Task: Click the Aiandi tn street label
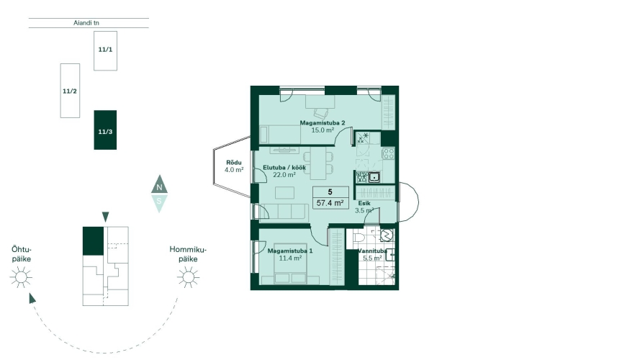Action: click(x=86, y=23)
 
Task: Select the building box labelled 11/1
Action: click(x=105, y=50)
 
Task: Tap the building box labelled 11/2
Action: click(x=70, y=91)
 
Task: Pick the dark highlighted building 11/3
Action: click(x=105, y=130)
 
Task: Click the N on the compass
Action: click(x=159, y=187)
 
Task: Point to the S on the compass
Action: click(x=159, y=201)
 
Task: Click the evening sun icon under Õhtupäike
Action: click(x=21, y=277)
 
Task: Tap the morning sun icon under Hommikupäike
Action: click(x=188, y=277)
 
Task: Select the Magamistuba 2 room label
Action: click(x=323, y=123)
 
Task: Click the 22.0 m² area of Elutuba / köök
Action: click(x=284, y=175)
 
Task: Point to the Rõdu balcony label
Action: click(x=234, y=163)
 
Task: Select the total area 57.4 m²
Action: click(x=330, y=203)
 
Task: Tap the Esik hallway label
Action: click(x=364, y=203)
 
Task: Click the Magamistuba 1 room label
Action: click(x=290, y=251)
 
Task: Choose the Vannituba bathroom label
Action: click(x=372, y=251)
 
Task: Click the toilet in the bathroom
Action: click(x=359, y=237)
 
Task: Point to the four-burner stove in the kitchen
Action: click(x=389, y=153)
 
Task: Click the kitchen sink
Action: click(x=374, y=177)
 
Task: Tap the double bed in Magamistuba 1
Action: click(x=290, y=271)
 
